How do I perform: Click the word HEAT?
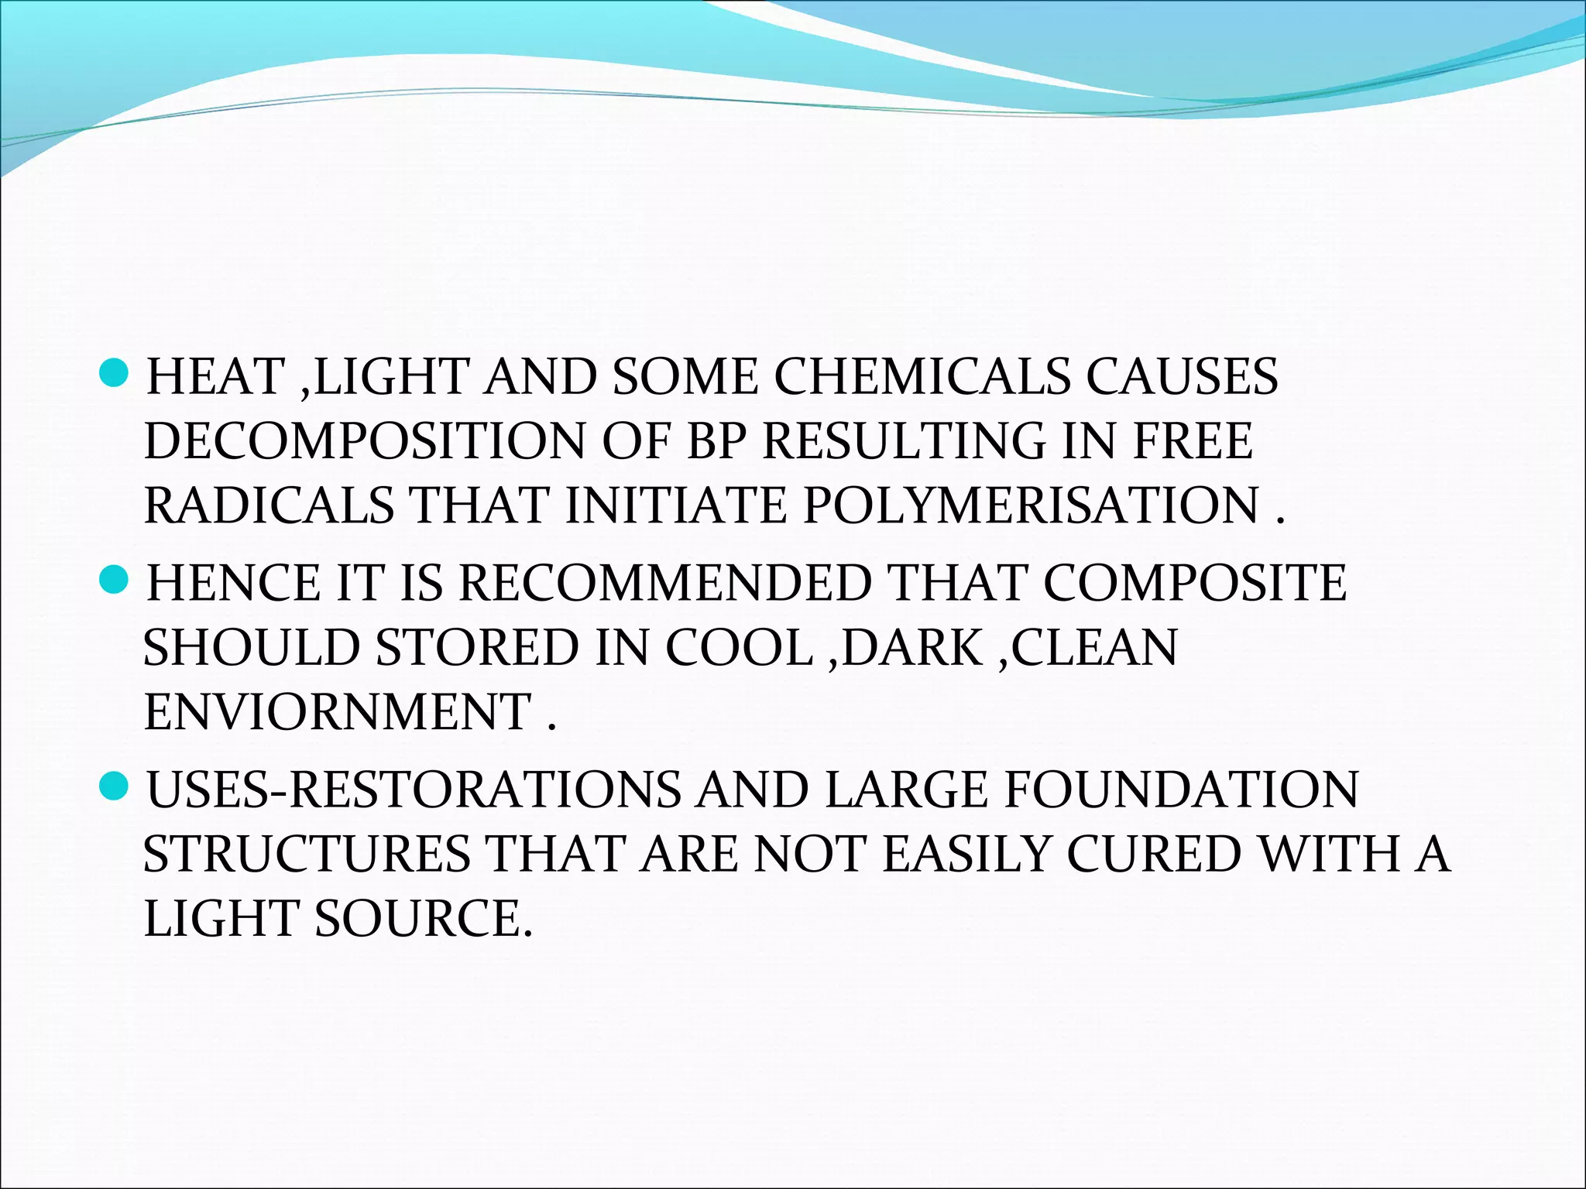click(x=216, y=377)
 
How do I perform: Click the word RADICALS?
click(x=269, y=505)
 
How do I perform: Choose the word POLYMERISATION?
click(x=1030, y=505)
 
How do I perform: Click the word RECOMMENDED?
click(x=664, y=583)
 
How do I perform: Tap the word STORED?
click(x=477, y=647)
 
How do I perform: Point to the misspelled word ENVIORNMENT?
click(x=338, y=711)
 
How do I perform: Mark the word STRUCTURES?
click(x=307, y=854)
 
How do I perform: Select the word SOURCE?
click(x=424, y=918)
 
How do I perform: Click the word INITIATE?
click(x=676, y=505)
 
